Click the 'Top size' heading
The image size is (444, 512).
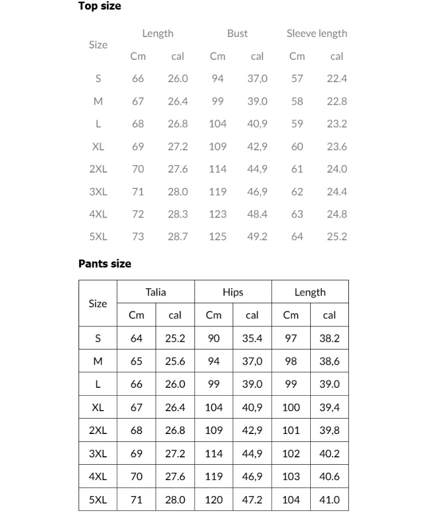coord(100,7)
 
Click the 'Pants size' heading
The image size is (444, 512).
coord(105,264)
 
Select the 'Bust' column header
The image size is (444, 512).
coord(237,34)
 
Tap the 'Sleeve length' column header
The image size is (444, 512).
coord(316,34)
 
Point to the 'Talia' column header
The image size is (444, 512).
coord(155,292)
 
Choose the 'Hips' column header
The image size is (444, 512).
coord(233,292)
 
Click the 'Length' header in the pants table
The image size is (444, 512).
coord(310,292)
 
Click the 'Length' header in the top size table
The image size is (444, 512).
coord(158,34)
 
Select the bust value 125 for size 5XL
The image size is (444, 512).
coord(217,237)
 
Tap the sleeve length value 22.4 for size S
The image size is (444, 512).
coord(337,79)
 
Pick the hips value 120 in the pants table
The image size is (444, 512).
coord(213,500)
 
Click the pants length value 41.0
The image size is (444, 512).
coord(330,500)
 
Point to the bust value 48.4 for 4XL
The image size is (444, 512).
coord(257,214)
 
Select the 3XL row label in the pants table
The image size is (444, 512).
coord(98,454)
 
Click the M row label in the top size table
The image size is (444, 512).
coord(98,101)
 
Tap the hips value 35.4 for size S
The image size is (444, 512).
coord(252,338)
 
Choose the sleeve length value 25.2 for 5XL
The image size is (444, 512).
coord(337,237)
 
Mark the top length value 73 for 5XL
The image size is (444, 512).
coord(138,237)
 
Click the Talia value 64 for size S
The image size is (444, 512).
coord(137,338)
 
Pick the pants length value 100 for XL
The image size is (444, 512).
coord(291,408)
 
